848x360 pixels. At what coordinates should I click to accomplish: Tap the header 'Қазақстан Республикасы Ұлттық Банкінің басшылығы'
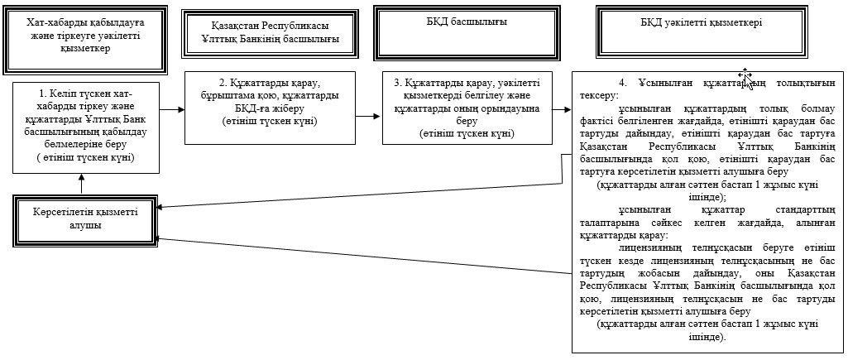[270, 33]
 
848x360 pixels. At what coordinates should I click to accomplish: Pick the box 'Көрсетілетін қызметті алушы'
[84, 218]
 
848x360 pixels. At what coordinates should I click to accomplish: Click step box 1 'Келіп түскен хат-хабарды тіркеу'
[86, 127]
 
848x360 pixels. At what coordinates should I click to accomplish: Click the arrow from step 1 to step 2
[172, 109]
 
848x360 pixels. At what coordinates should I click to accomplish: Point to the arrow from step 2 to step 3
[368, 116]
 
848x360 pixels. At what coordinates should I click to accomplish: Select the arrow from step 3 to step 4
[563, 109]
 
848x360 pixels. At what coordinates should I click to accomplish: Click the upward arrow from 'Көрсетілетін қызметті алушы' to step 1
[81, 184]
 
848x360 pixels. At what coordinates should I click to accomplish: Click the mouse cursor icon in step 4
[745, 78]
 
